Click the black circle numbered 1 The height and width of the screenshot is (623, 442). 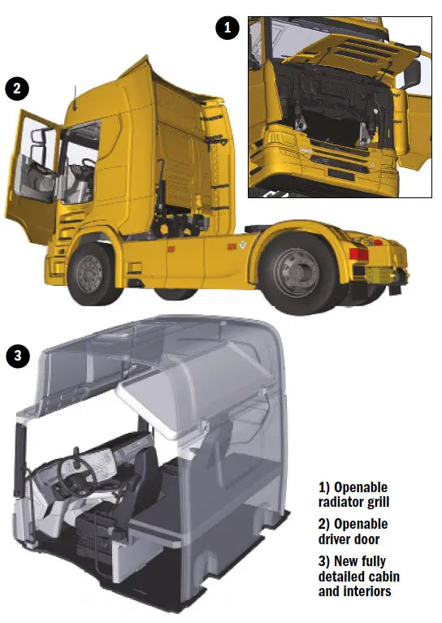coord(227,27)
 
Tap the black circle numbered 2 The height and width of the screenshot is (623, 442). coord(17,89)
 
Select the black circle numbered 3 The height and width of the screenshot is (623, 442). coord(18,356)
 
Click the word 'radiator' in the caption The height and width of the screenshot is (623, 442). coord(340,502)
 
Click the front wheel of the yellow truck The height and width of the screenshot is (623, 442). coord(91,274)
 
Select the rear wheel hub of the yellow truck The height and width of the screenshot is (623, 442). coord(296,273)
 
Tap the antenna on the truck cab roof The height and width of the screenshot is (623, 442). coord(74,97)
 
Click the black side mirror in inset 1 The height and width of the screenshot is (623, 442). coord(411,74)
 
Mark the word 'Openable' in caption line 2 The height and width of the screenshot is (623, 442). coord(361,524)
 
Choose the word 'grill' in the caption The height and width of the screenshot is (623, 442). coord(378,503)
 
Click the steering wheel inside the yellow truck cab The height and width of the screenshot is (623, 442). coord(89,164)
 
